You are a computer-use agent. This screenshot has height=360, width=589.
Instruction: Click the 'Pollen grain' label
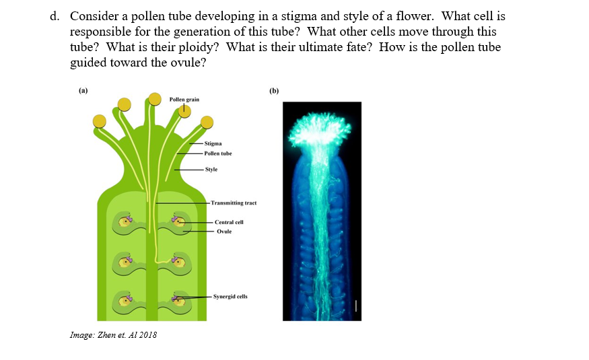184,100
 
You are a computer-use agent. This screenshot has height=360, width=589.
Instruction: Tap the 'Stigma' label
213,143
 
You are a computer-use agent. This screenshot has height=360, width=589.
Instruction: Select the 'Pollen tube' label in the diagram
217,153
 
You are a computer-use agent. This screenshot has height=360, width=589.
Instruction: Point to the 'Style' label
211,170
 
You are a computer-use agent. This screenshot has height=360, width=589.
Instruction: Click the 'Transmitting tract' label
233,203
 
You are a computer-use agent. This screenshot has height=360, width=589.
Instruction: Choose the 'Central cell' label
229,222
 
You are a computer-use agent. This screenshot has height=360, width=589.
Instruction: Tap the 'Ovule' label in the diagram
224,231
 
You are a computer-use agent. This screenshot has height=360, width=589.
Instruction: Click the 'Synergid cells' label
230,296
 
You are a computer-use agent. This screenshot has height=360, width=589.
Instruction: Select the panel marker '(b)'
273,90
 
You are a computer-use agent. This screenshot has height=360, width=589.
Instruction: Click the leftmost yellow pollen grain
100,120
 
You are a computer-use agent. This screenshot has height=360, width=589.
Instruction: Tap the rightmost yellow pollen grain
207,122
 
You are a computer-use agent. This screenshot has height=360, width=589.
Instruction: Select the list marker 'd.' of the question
55,15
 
